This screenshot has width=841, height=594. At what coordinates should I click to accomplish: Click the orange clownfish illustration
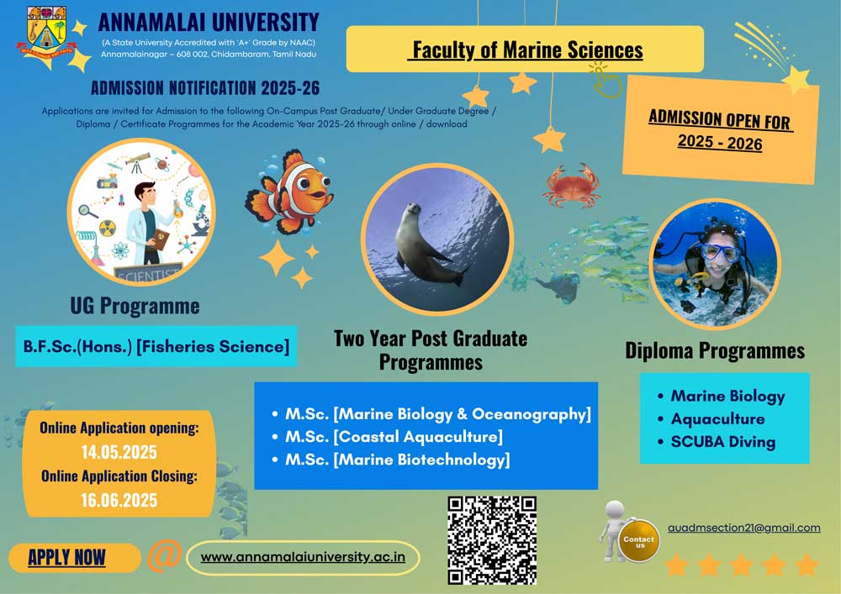(x=289, y=192)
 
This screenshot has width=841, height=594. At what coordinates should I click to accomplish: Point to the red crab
(x=572, y=186)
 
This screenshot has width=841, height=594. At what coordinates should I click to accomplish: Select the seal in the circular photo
(x=429, y=244)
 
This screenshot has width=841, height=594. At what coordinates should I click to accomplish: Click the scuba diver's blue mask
(x=722, y=252)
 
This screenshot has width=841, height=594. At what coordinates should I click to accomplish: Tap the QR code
(x=492, y=540)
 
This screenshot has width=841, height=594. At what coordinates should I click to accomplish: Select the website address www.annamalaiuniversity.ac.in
(x=303, y=557)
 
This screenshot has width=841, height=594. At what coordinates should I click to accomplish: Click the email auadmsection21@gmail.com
(x=744, y=528)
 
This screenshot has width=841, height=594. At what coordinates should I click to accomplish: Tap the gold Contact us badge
(x=638, y=541)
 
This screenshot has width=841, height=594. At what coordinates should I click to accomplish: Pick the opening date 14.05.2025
(x=119, y=452)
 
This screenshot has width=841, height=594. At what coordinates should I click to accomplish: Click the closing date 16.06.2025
(x=119, y=500)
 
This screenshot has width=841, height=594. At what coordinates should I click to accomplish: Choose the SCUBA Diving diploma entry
(x=717, y=442)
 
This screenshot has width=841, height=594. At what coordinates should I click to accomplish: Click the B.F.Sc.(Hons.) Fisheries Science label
(x=156, y=346)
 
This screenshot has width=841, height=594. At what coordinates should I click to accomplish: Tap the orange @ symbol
(x=164, y=556)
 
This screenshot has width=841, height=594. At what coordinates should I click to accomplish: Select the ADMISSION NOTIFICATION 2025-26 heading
(x=205, y=88)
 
